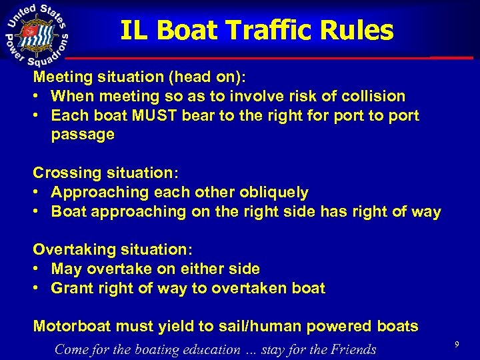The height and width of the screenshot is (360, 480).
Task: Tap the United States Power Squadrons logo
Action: point(37,31)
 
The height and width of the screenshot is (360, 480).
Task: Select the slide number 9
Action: point(457,344)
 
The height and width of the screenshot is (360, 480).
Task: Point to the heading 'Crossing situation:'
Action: point(105,173)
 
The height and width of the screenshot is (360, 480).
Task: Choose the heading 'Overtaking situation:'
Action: point(113,249)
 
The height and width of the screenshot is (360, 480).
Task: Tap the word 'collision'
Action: point(370,96)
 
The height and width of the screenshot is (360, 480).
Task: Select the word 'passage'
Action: point(83,135)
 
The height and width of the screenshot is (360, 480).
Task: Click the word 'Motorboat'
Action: point(73,327)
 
